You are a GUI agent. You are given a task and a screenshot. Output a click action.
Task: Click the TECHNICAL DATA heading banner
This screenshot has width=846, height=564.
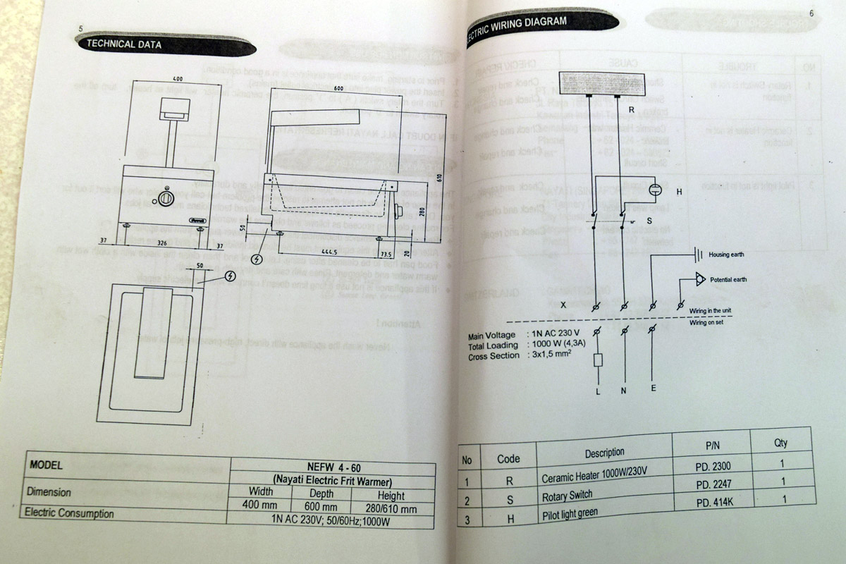tap(124, 44)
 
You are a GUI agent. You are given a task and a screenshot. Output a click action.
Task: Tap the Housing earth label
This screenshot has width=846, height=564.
tap(726, 254)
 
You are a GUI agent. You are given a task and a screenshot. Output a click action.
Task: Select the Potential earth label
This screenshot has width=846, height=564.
tap(728, 280)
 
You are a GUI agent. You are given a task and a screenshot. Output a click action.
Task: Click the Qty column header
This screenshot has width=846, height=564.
tap(780, 443)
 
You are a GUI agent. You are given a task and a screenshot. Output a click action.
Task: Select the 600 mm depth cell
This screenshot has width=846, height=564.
tap(321, 507)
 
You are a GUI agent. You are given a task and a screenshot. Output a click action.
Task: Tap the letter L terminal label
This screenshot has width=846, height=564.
tap(597, 391)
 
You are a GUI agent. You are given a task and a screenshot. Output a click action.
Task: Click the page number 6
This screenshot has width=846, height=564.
tap(811, 13)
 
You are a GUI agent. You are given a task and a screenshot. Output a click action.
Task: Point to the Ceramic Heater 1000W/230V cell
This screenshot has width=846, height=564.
tap(594, 472)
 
